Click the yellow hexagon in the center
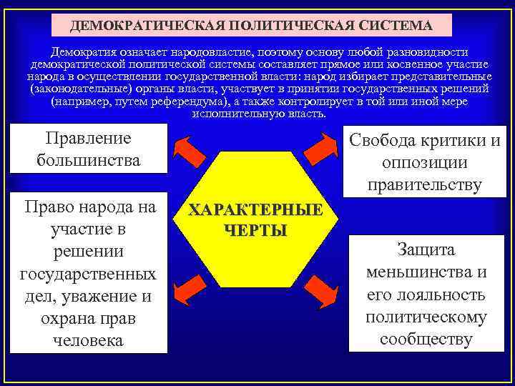coord(255,222)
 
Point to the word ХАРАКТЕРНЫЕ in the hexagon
coord(255,212)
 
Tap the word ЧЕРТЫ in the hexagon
coord(255,230)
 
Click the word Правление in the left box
coord(88,137)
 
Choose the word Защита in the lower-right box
coord(426,250)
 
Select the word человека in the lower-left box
coord(88,340)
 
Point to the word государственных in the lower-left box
coord(88,274)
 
